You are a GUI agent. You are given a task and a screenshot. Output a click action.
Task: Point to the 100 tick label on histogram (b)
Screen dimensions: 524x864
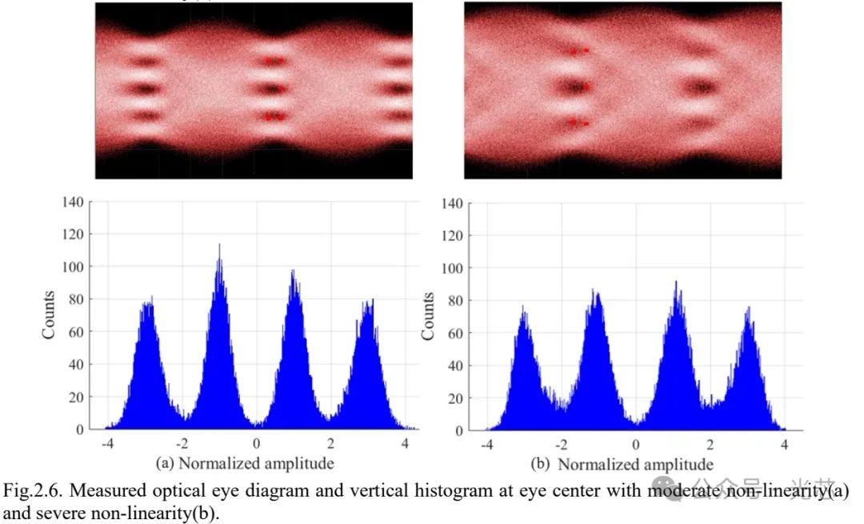click(x=452, y=268)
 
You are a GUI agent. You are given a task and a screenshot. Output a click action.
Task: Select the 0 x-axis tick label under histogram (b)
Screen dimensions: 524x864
click(x=636, y=444)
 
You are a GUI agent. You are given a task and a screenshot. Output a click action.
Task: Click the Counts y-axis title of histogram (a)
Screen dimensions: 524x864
click(x=50, y=315)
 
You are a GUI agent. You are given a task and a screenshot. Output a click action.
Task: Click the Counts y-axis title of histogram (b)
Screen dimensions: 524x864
click(x=429, y=317)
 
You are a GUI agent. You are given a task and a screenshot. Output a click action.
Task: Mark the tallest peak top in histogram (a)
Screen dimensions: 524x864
click(x=218, y=246)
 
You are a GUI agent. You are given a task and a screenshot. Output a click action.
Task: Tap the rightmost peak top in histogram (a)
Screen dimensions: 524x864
click(x=370, y=301)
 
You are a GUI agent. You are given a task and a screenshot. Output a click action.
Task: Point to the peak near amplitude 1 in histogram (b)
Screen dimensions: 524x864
click(x=676, y=282)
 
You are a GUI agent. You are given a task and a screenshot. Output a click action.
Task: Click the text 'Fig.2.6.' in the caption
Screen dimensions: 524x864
click(x=27, y=490)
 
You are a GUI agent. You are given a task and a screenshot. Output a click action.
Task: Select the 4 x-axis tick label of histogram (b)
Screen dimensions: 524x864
click(x=785, y=444)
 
